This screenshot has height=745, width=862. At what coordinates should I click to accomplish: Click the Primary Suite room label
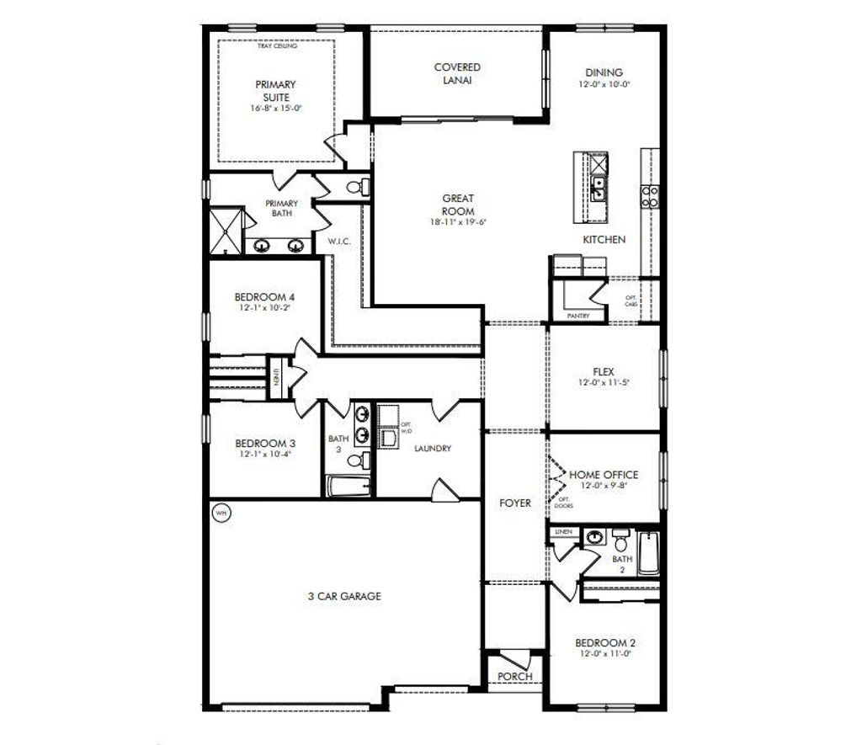pos(276,91)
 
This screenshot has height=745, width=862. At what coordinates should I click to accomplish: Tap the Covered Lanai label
pos(457,73)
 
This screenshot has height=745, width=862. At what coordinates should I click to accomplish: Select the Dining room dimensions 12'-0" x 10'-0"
pos(604,84)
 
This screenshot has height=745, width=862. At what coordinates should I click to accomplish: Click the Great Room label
pos(458,205)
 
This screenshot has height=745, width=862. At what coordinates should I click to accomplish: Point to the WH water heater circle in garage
pos(221,513)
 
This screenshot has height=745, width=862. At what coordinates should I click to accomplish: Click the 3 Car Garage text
pos(343,596)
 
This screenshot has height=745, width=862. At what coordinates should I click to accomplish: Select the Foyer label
pos(514,503)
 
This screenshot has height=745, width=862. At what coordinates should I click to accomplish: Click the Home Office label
pos(604,475)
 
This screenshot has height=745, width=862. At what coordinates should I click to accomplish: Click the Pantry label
pos(578,317)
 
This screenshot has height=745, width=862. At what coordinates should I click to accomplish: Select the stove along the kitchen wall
pos(651,196)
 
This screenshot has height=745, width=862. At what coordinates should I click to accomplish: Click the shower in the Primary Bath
pos(226,227)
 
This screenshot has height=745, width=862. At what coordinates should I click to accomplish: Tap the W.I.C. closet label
pos(338,242)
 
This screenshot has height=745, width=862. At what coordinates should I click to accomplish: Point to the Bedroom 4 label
pos(264,297)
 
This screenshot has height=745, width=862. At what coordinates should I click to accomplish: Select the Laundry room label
pos(433,449)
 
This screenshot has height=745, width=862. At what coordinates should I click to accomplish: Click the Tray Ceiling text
pos(277,46)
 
